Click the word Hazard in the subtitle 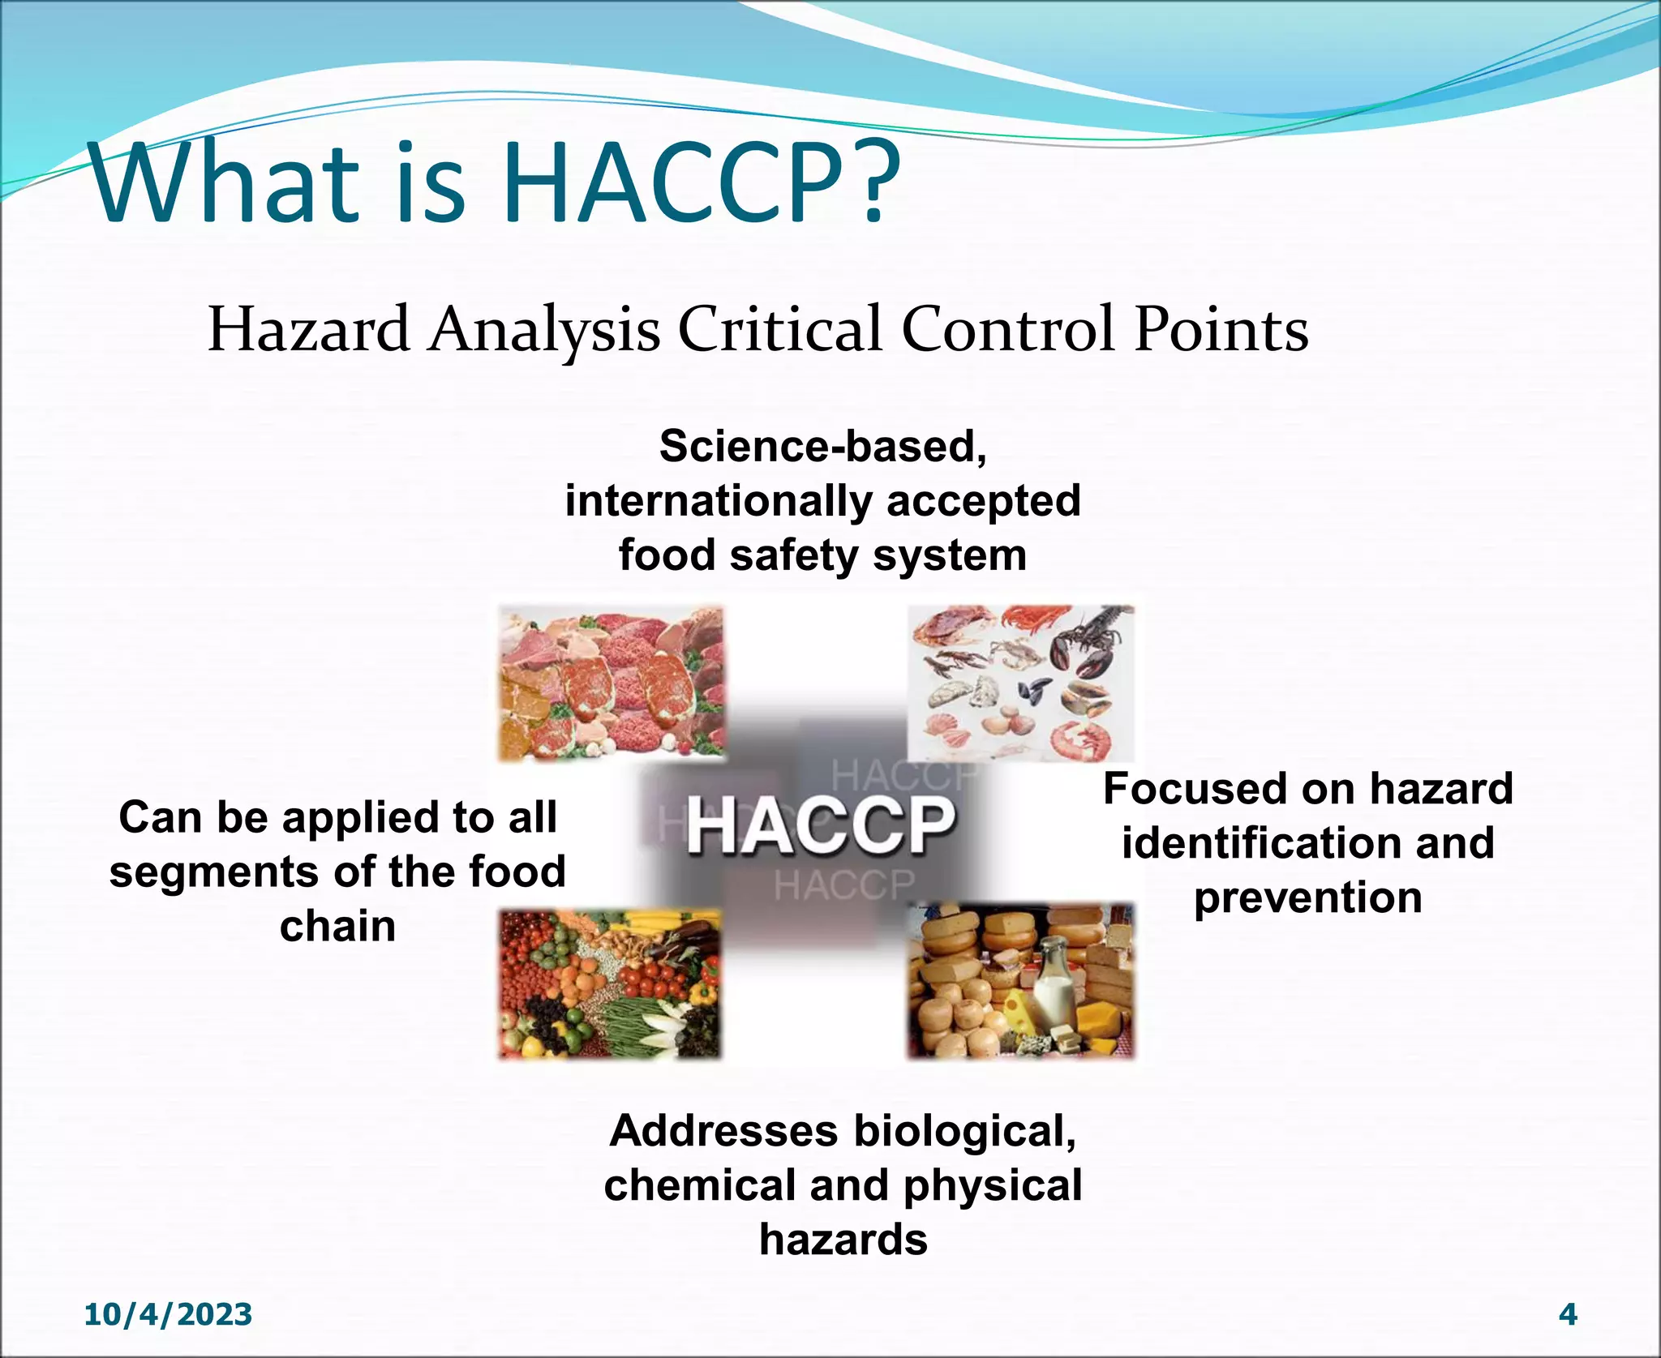[x=308, y=330]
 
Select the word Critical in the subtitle [x=779, y=330]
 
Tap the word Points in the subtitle [x=1221, y=330]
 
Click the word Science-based [x=822, y=447]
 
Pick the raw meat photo [x=610, y=683]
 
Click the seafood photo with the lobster [x=1020, y=683]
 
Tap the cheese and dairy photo [x=1020, y=983]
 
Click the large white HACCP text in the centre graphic [x=819, y=825]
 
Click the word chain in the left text [x=337, y=927]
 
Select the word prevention [x=1307, y=898]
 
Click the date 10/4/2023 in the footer [x=168, y=1314]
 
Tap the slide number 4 [x=1568, y=1314]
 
